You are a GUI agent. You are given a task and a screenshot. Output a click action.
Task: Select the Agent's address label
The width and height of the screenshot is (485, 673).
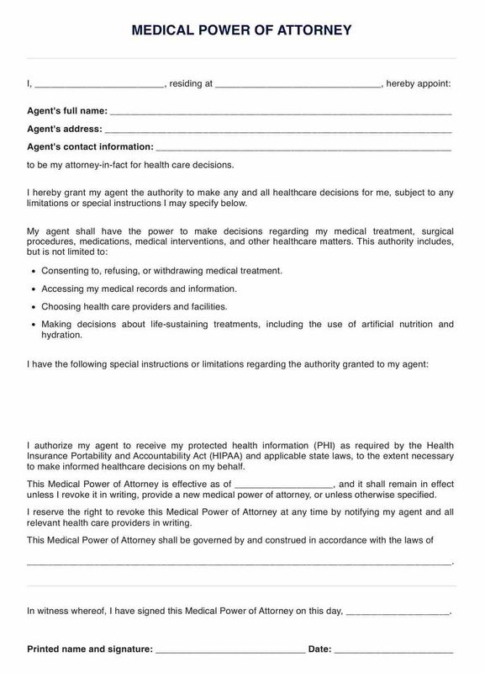tap(65, 129)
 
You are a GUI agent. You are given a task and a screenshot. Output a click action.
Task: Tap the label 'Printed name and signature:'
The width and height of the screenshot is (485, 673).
tap(90, 649)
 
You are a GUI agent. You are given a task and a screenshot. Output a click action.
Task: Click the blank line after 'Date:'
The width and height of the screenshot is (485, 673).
tap(394, 651)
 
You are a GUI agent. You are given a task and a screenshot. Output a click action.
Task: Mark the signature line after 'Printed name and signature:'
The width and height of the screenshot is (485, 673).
tap(229, 651)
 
